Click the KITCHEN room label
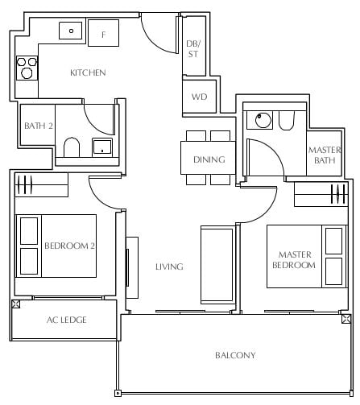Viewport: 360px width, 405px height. [x=88, y=72]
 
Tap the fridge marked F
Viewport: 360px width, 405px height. [x=103, y=33]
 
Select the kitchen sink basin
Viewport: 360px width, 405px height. [x=70, y=31]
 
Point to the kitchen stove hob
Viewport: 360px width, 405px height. [x=27, y=68]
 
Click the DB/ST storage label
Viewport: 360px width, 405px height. [x=193, y=48]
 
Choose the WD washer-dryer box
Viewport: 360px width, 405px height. [x=199, y=97]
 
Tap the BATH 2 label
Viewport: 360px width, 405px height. [x=39, y=126]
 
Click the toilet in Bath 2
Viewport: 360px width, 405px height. [x=72, y=147]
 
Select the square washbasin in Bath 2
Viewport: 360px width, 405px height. [x=102, y=147]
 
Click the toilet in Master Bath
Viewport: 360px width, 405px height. [x=287, y=121]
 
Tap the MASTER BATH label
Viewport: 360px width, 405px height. [x=325, y=155]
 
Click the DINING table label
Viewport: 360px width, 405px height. [x=209, y=159]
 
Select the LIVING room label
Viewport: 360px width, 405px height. [x=169, y=267]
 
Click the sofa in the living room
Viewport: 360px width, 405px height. [x=217, y=265]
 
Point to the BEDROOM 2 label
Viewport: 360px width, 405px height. [x=69, y=246]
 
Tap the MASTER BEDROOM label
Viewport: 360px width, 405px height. [x=294, y=260]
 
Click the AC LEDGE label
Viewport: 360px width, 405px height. [x=67, y=320]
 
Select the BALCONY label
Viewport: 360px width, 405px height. [x=235, y=355]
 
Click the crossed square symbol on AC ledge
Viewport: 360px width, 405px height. [x=16, y=304]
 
